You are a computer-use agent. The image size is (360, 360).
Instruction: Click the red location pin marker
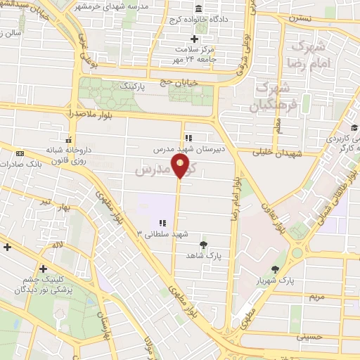pos(181,167)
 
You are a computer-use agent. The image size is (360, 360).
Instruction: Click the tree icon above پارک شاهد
pos(203,245)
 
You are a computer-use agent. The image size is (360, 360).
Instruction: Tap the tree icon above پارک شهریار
pos(275,269)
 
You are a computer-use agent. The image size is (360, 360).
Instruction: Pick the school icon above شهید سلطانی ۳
pos(163,223)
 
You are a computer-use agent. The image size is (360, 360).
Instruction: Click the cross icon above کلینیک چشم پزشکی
pos(44,268)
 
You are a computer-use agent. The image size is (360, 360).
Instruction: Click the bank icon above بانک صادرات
pos(19,153)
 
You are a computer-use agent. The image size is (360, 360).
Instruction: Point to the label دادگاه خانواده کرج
pos(198,20)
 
